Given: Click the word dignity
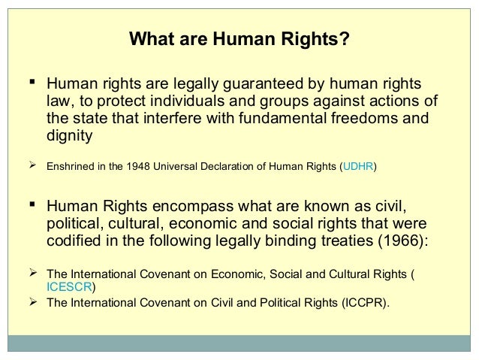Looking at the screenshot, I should click(69, 136).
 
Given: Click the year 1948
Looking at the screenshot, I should click(135, 166).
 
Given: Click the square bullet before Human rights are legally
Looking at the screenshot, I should click(33, 82).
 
